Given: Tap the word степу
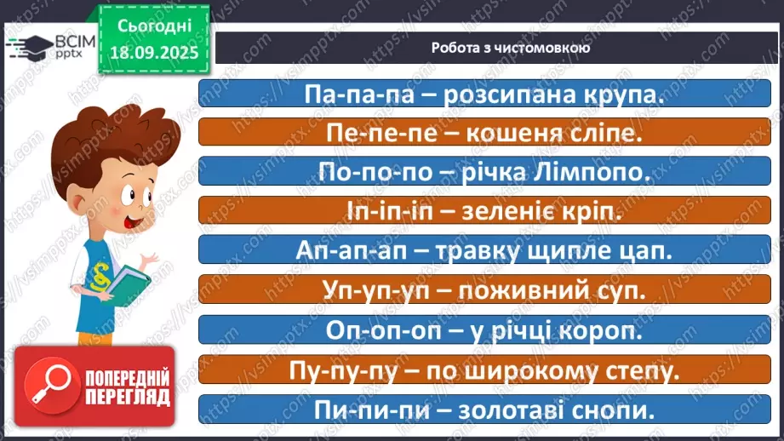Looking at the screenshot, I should pyautogui.click(x=631, y=369).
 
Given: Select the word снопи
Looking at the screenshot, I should pyautogui.click(x=616, y=408).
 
